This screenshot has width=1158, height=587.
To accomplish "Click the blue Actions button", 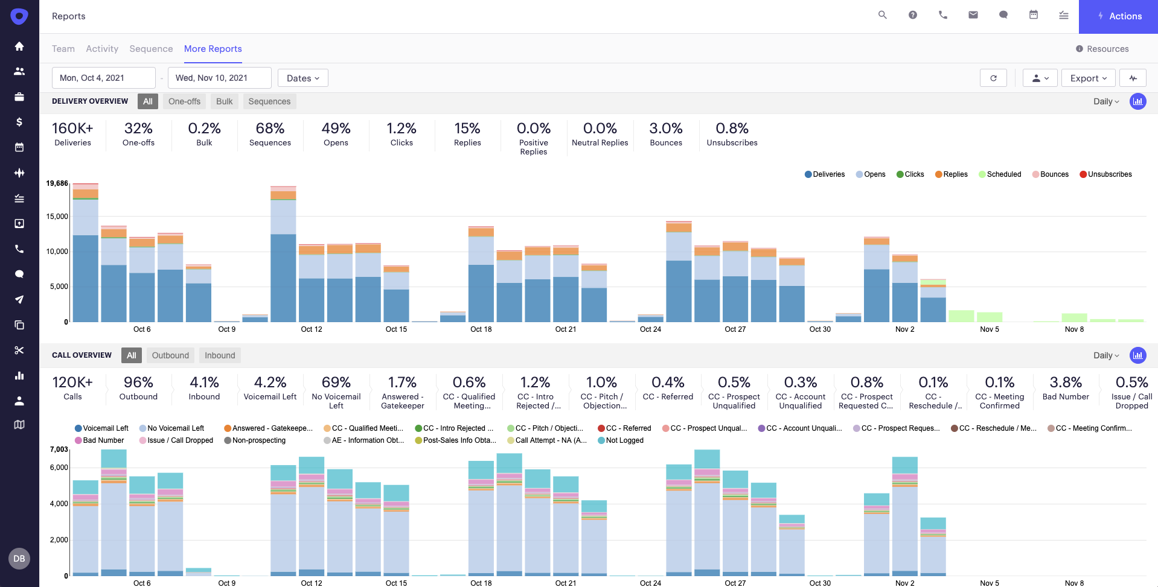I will click(1119, 16).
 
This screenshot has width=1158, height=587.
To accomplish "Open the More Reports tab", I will click(213, 49).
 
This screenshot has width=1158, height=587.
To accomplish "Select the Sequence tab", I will click(151, 49).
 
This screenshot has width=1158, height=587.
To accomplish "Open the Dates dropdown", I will click(302, 78).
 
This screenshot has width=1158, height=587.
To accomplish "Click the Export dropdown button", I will click(1088, 78).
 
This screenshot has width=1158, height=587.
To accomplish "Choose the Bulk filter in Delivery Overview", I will click(224, 101).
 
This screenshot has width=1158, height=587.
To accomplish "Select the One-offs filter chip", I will click(184, 101).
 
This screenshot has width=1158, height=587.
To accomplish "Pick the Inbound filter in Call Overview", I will click(220, 355).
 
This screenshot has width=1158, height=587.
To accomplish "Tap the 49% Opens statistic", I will click(336, 134).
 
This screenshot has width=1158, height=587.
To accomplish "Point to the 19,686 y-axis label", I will click(57, 183).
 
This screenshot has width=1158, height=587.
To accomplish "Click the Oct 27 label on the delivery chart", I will click(735, 329).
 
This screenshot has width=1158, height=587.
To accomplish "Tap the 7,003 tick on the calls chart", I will click(59, 449).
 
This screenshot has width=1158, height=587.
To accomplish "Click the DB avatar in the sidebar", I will click(19, 559).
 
